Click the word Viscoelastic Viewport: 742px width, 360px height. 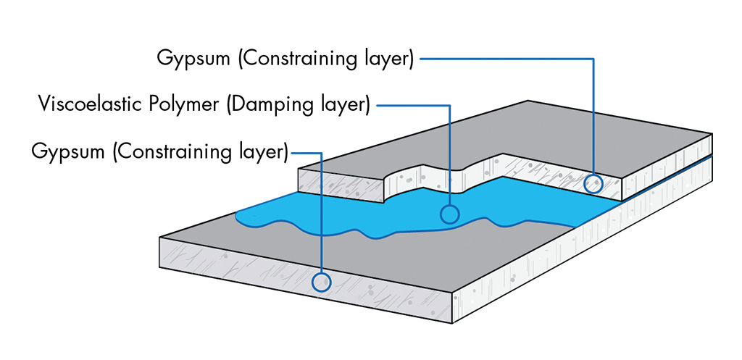click(x=81, y=105)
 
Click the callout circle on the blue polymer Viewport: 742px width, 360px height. click(x=450, y=214)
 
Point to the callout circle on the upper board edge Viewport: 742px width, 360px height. click(x=593, y=183)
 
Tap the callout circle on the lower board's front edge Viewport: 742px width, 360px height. click(x=321, y=281)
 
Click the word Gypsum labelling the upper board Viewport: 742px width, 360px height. click(x=193, y=59)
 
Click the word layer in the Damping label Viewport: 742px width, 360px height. click(x=346, y=105)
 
